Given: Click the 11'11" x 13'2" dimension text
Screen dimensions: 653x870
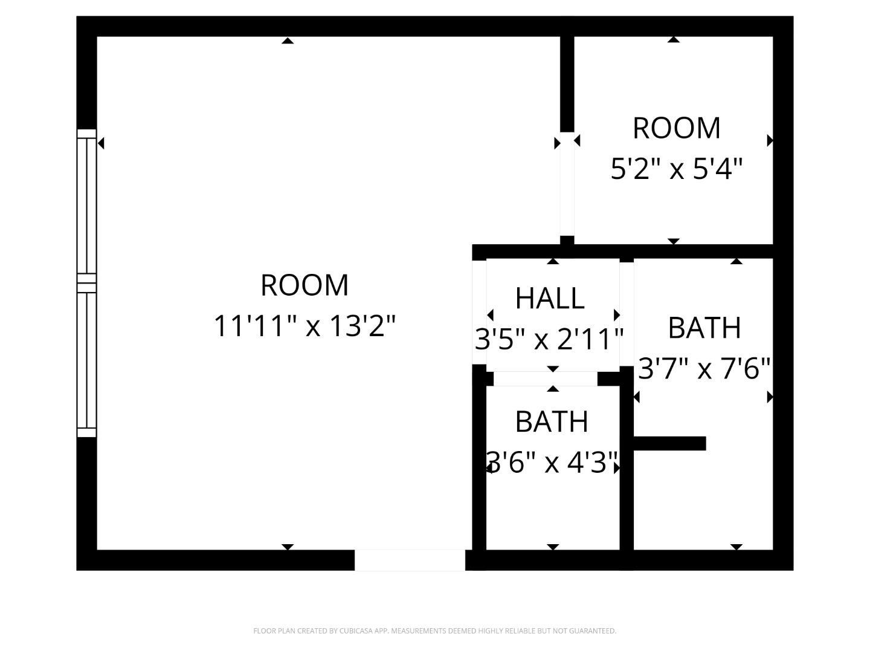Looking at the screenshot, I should click(x=304, y=326).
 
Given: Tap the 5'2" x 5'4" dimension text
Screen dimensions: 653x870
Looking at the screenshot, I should click(x=676, y=169).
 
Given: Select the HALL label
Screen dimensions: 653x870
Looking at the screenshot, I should click(x=550, y=298).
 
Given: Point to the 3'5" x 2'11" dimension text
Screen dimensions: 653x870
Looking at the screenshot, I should click(x=549, y=339).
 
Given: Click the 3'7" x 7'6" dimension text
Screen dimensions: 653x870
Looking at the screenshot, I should click(x=704, y=368).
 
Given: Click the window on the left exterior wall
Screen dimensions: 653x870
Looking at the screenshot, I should click(x=87, y=283).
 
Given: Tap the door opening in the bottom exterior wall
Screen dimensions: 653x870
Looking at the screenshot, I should click(x=410, y=560).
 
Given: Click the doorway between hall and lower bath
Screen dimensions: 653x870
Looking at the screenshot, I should click(x=546, y=379).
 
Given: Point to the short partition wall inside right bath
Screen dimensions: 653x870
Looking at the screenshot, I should click(x=669, y=443).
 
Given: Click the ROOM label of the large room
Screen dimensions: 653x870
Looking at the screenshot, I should click(x=304, y=285).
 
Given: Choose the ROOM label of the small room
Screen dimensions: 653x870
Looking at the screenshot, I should click(x=676, y=128).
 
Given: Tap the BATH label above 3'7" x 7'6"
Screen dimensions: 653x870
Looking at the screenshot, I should click(x=704, y=328).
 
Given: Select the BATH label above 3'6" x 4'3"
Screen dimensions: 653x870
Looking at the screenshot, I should click(x=552, y=422).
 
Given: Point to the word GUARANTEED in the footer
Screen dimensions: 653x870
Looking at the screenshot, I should click(x=593, y=631).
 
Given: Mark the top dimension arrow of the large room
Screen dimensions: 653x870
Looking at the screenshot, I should click(x=288, y=41).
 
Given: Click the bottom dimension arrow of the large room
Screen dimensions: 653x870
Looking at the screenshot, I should click(x=288, y=547).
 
